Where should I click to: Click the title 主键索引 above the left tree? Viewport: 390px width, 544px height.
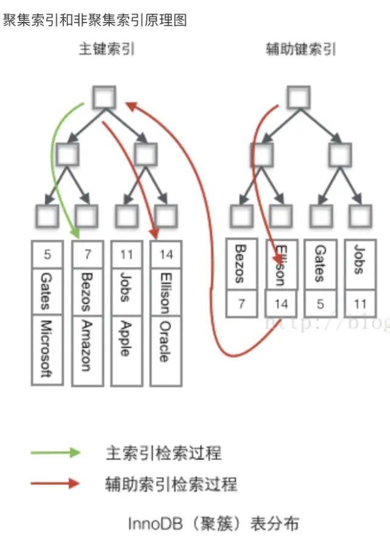pos(107,49)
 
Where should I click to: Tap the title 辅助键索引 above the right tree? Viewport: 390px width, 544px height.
pos(301,49)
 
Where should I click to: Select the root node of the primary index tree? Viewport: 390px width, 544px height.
pos(104,96)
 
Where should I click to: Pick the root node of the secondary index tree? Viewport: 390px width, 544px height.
pos(298,96)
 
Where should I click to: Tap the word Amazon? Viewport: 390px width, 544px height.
pos(87,345)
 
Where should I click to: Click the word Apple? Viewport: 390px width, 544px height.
pos(126,338)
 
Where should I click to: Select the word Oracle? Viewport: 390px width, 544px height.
pos(165,340)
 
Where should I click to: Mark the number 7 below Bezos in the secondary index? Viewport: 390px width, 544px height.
pos(241,303)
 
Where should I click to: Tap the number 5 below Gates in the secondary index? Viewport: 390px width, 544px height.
pos(320,303)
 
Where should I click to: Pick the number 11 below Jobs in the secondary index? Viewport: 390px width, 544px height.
pos(360,303)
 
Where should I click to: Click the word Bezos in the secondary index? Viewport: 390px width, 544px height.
pos(240,264)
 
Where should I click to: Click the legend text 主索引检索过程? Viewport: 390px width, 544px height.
pos(163,453)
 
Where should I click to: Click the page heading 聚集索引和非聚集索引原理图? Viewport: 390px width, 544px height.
pos(95,20)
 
